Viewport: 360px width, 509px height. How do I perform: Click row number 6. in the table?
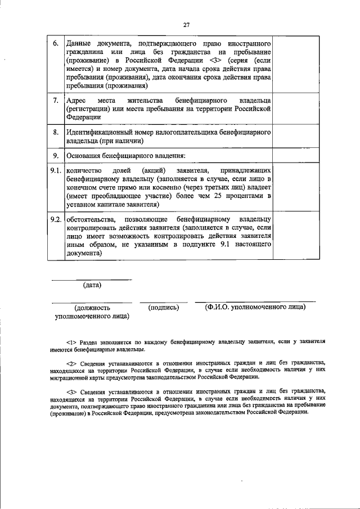click(55, 43)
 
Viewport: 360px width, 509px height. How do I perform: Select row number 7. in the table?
click(55, 101)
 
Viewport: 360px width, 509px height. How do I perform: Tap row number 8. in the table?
click(55, 132)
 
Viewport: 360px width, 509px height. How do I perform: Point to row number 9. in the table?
click(55, 155)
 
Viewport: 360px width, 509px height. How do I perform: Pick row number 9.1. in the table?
click(55, 169)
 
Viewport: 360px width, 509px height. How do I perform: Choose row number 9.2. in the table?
click(55, 218)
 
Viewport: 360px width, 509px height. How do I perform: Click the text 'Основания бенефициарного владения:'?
click(125, 156)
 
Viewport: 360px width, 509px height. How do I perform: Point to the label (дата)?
click(92, 285)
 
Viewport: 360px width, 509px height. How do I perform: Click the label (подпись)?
click(164, 308)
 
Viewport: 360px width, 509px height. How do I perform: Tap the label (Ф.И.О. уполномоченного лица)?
click(255, 307)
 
